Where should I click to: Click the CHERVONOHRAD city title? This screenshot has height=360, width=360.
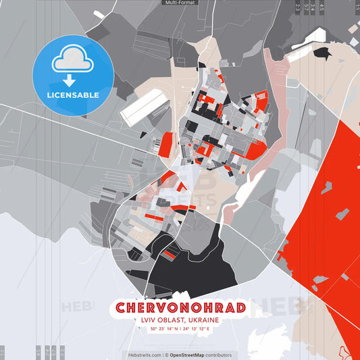[x=180, y=308]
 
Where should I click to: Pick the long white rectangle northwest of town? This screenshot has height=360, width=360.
[x=145, y=108]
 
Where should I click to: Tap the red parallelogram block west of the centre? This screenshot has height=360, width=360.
[x=165, y=144]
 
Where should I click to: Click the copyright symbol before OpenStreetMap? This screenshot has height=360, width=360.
[x=166, y=355]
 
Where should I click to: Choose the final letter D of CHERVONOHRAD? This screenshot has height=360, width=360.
[x=238, y=308]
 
